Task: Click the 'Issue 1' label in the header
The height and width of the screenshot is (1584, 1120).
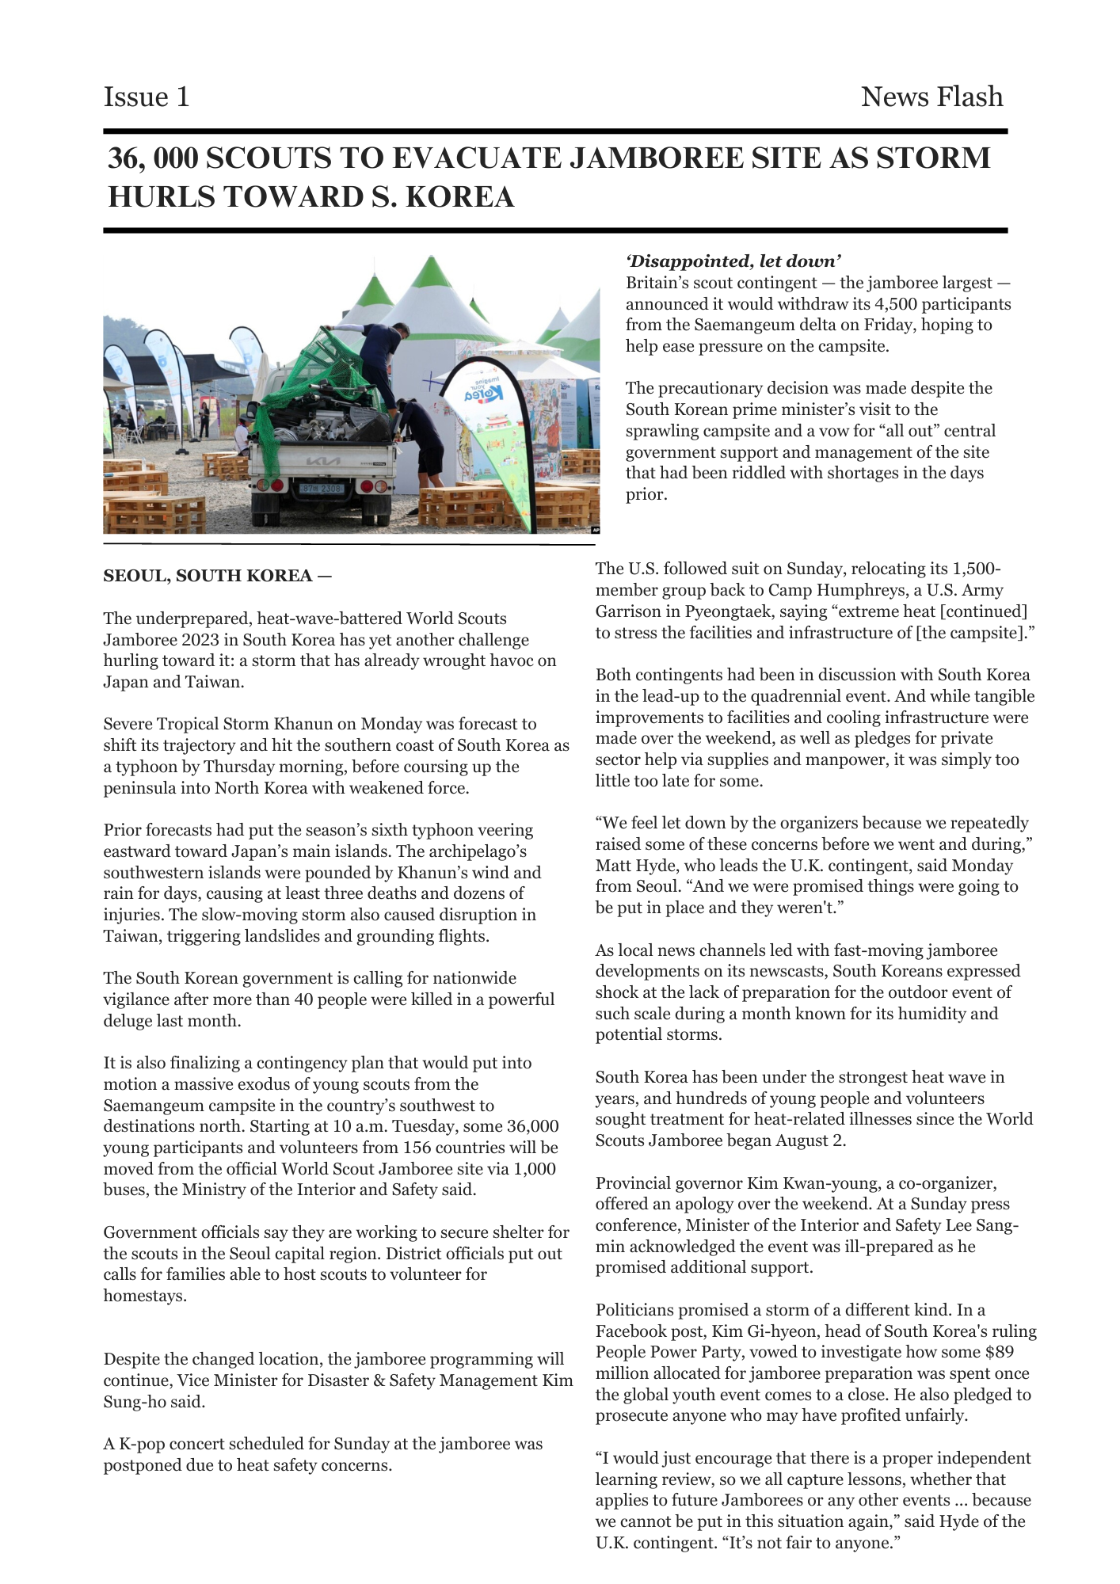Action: pyautogui.click(x=147, y=97)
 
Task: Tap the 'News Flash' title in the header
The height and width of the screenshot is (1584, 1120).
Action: pyautogui.click(x=931, y=97)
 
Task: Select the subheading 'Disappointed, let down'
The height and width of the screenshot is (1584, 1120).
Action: pyautogui.click(x=733, y=261)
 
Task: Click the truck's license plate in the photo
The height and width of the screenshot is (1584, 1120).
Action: pyautogui.click(x=322, y=489)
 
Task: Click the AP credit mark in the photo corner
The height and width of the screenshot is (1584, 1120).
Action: pyautogui.click(x=596, y=530)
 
